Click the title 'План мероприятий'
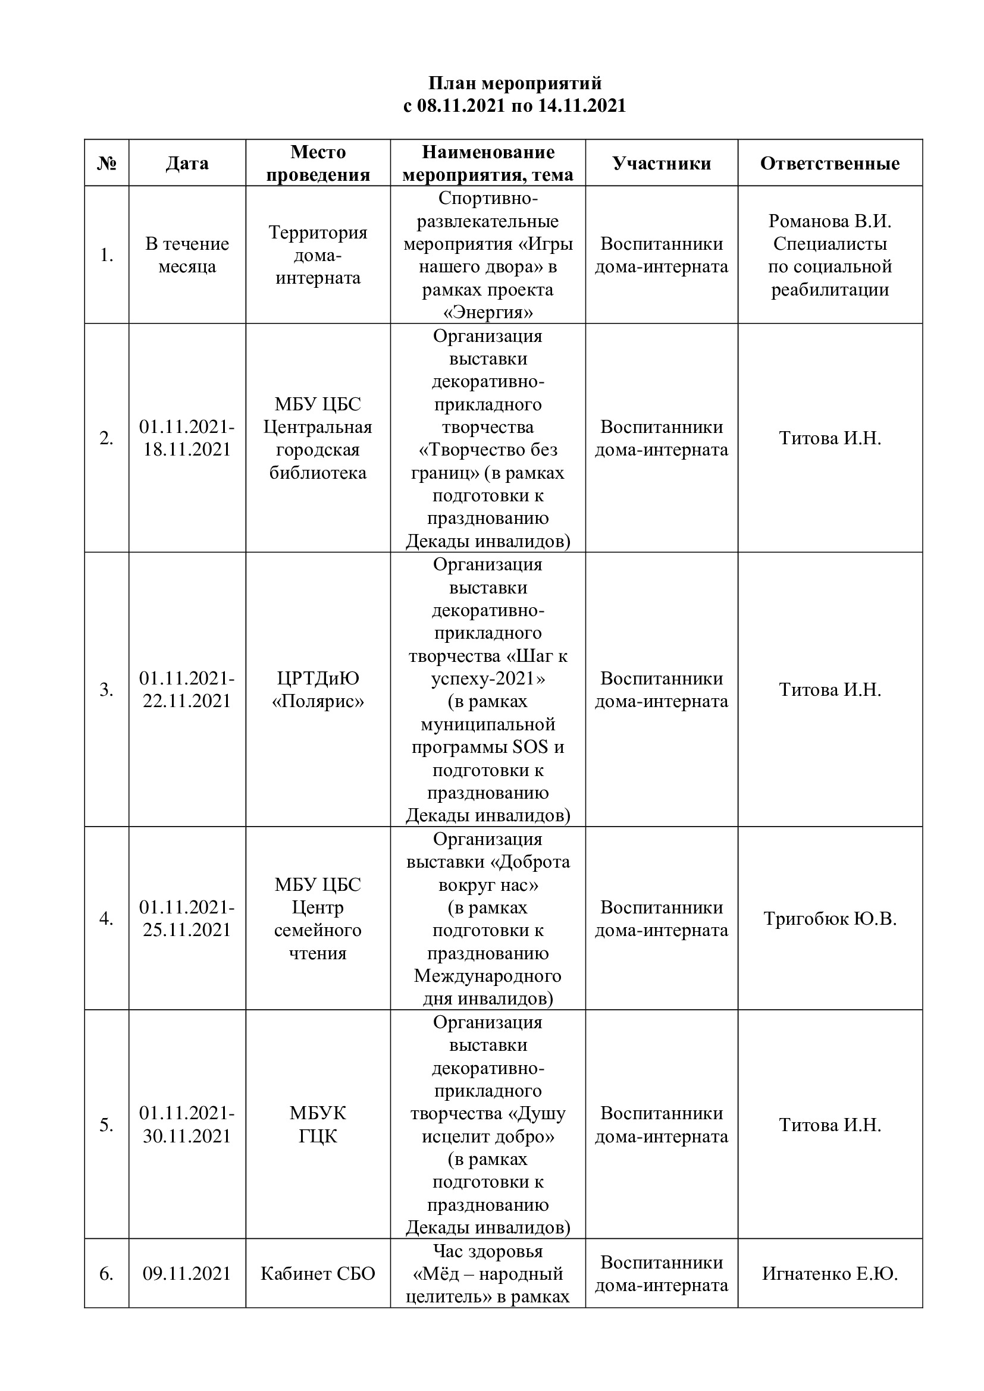pyautogui.click(x=515, y=83)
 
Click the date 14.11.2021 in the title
pyautogui.click(x=581, y=106)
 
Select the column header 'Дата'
pyautogui.click(x=187, y=163)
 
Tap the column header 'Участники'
pyautogui.click(x=661, y=163)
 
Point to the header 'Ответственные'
pyautogui.click(x=829, y=163)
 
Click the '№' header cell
pyautogui.click(x=106, y=163)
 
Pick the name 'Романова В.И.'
pyautogui.click(x=829, y=221)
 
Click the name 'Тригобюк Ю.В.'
pyautogui.click(x=829, y=918)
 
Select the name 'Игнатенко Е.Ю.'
pyautogui.click(x=829, y=1274)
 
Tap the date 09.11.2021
pyautogui.click(x=187, y=1274)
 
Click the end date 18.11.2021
pyautogui.click(x=187, y=450)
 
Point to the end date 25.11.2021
pyautogui.click(x=187, y=930)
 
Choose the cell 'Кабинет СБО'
pyautogui.click(x=318, y=1274)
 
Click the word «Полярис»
pyautogui.click(x=318, y=701)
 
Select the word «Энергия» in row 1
pyautogui.click(x=488, y=313)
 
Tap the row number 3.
pyautogui.click(x=106, y=689)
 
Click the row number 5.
pyautogui.click(x=106, y=1125)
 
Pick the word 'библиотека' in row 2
pyautogui.click(x=318, y=473)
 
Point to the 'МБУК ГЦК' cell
pyautogui.click(x=318, y=1125)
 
